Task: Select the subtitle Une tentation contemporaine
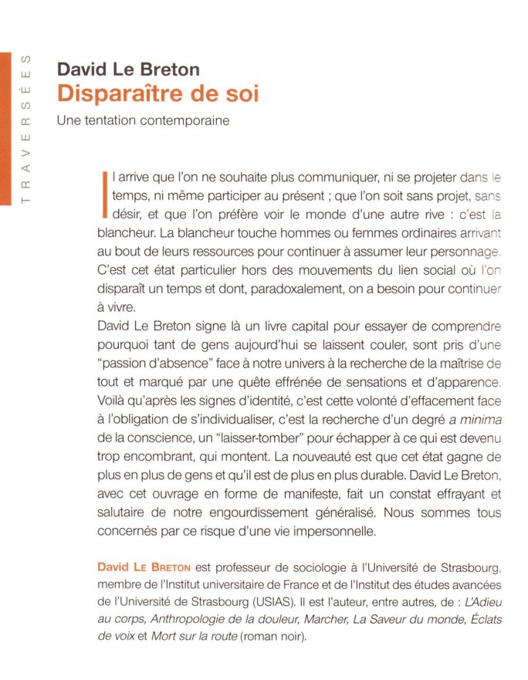144,121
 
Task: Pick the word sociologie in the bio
289,567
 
